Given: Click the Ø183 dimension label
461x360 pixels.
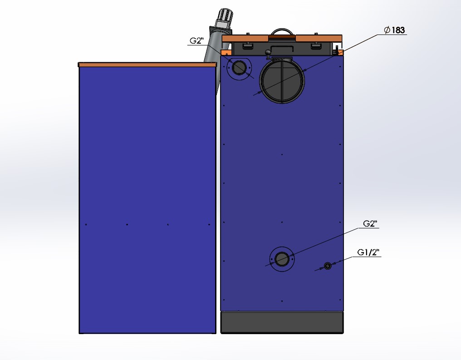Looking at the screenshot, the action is tap(395, 30).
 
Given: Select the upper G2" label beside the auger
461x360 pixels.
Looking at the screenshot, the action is tap(196, 40).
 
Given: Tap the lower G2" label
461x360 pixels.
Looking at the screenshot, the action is tap(370, 223).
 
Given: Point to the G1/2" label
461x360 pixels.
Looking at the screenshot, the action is tap(368, 252).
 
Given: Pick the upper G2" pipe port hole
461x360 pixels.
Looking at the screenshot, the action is tap(238, 68).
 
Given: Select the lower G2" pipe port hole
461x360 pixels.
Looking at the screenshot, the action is tap(282, 259).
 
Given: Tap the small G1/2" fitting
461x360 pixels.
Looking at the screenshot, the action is tap(328, 266).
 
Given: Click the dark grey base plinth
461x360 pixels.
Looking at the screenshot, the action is tap(282, 323).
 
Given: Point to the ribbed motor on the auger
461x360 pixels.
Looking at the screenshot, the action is tap(225, 18).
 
